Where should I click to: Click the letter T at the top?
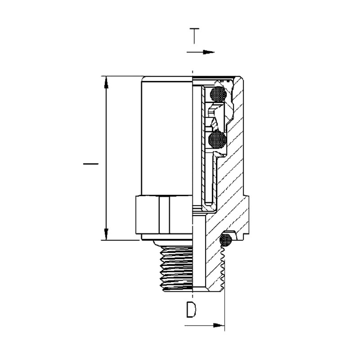194,36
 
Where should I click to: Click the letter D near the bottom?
191,310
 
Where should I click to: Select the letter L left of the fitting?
91,164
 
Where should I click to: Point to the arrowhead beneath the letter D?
219,325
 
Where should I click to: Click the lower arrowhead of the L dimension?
106,234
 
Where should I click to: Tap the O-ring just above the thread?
225,240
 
